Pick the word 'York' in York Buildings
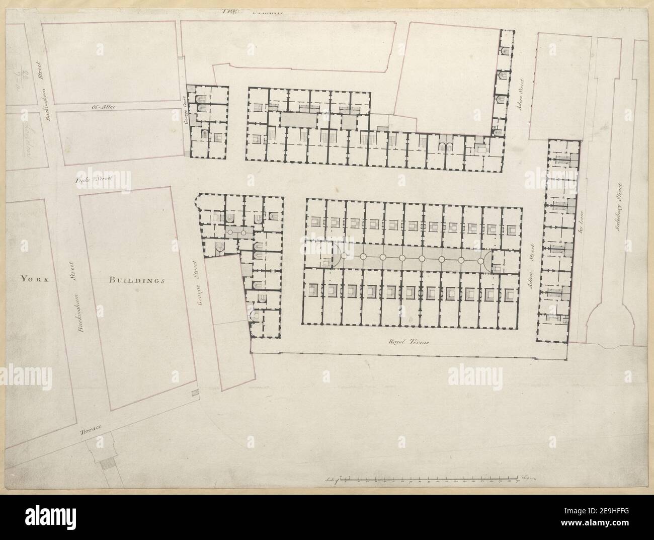click(34, 280)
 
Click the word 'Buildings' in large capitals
click(136, 280)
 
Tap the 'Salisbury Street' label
click(620, 209)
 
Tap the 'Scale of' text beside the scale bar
click(332, 479)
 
